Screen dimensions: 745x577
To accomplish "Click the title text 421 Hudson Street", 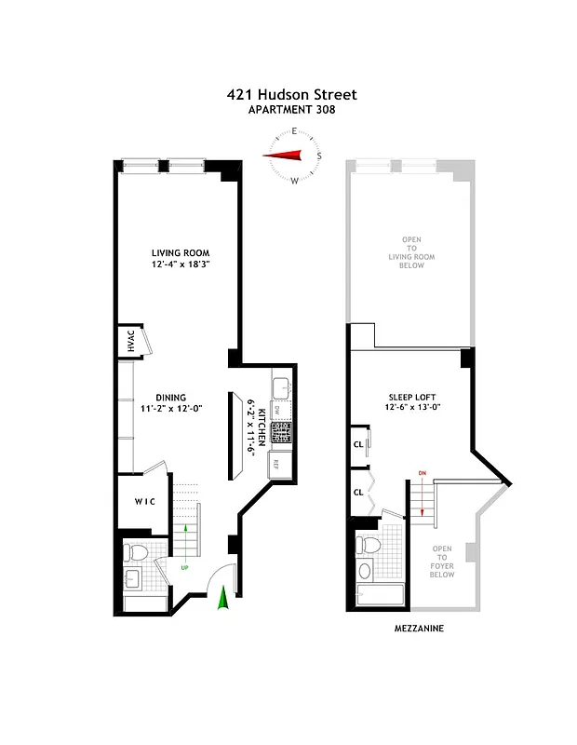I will (x=291, y=94).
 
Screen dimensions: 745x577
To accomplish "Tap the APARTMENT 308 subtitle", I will (x=291, y=109).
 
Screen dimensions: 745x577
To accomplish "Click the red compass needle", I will (x=289, y=156).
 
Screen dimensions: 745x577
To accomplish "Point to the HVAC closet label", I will (x=131, y=342).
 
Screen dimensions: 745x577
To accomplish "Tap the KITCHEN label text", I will (x=262, y=424).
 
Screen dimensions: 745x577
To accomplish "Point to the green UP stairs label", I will (x=185, y=567).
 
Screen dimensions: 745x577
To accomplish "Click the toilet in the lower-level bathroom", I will (x=136, y=552).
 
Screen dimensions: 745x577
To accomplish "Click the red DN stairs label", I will (x=422, y=475).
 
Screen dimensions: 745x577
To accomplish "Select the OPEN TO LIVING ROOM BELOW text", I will (x=411, y=251).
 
